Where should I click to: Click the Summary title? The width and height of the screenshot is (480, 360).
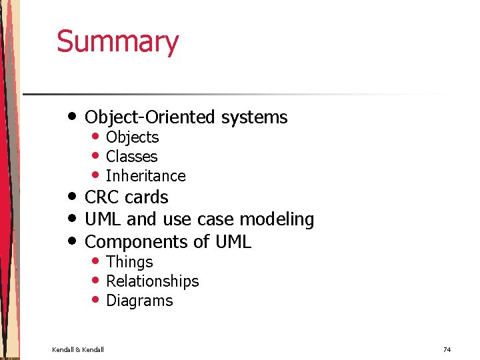[x=117, y=41]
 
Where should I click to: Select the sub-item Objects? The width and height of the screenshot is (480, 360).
[x=132, y=137]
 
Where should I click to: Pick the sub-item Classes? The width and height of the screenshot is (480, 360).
[x=131, y=157]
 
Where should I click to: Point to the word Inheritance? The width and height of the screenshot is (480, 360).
[x=145, y=176]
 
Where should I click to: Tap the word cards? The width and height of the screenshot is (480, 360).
[x=147, y=197]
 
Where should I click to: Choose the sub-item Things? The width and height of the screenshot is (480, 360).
[x=129, y=262]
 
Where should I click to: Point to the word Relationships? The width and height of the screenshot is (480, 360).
[x=152, y=281]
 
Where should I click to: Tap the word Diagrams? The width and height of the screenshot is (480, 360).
[x=139, y=301]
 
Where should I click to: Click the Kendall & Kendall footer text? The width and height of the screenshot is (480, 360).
[x=78, y=349]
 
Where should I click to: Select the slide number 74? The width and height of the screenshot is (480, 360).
[x=447, y=349]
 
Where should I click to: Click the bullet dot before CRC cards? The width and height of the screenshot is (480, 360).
[x=73, y=196]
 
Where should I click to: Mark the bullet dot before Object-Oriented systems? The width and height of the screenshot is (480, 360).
[x=73, y=116]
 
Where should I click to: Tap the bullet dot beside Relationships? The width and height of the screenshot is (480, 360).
[x=96, y=280]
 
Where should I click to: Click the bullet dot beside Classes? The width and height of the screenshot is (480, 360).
[x=96, y=155]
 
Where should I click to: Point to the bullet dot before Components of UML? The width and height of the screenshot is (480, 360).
[x=73, y=240]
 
